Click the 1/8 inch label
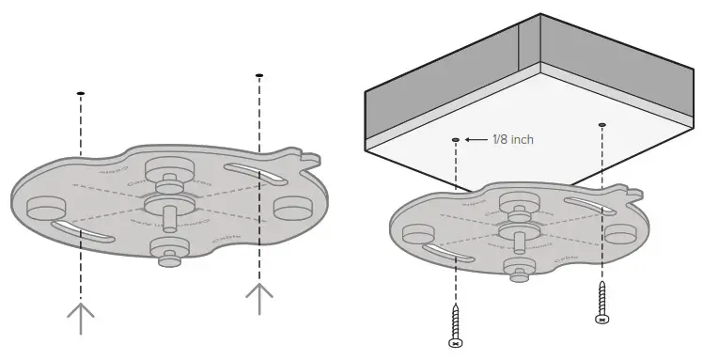[513, 140]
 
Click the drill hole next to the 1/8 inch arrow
[456, 139]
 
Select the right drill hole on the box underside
[601, 124]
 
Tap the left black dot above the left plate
[81, 92]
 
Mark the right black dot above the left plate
[258, 74]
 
